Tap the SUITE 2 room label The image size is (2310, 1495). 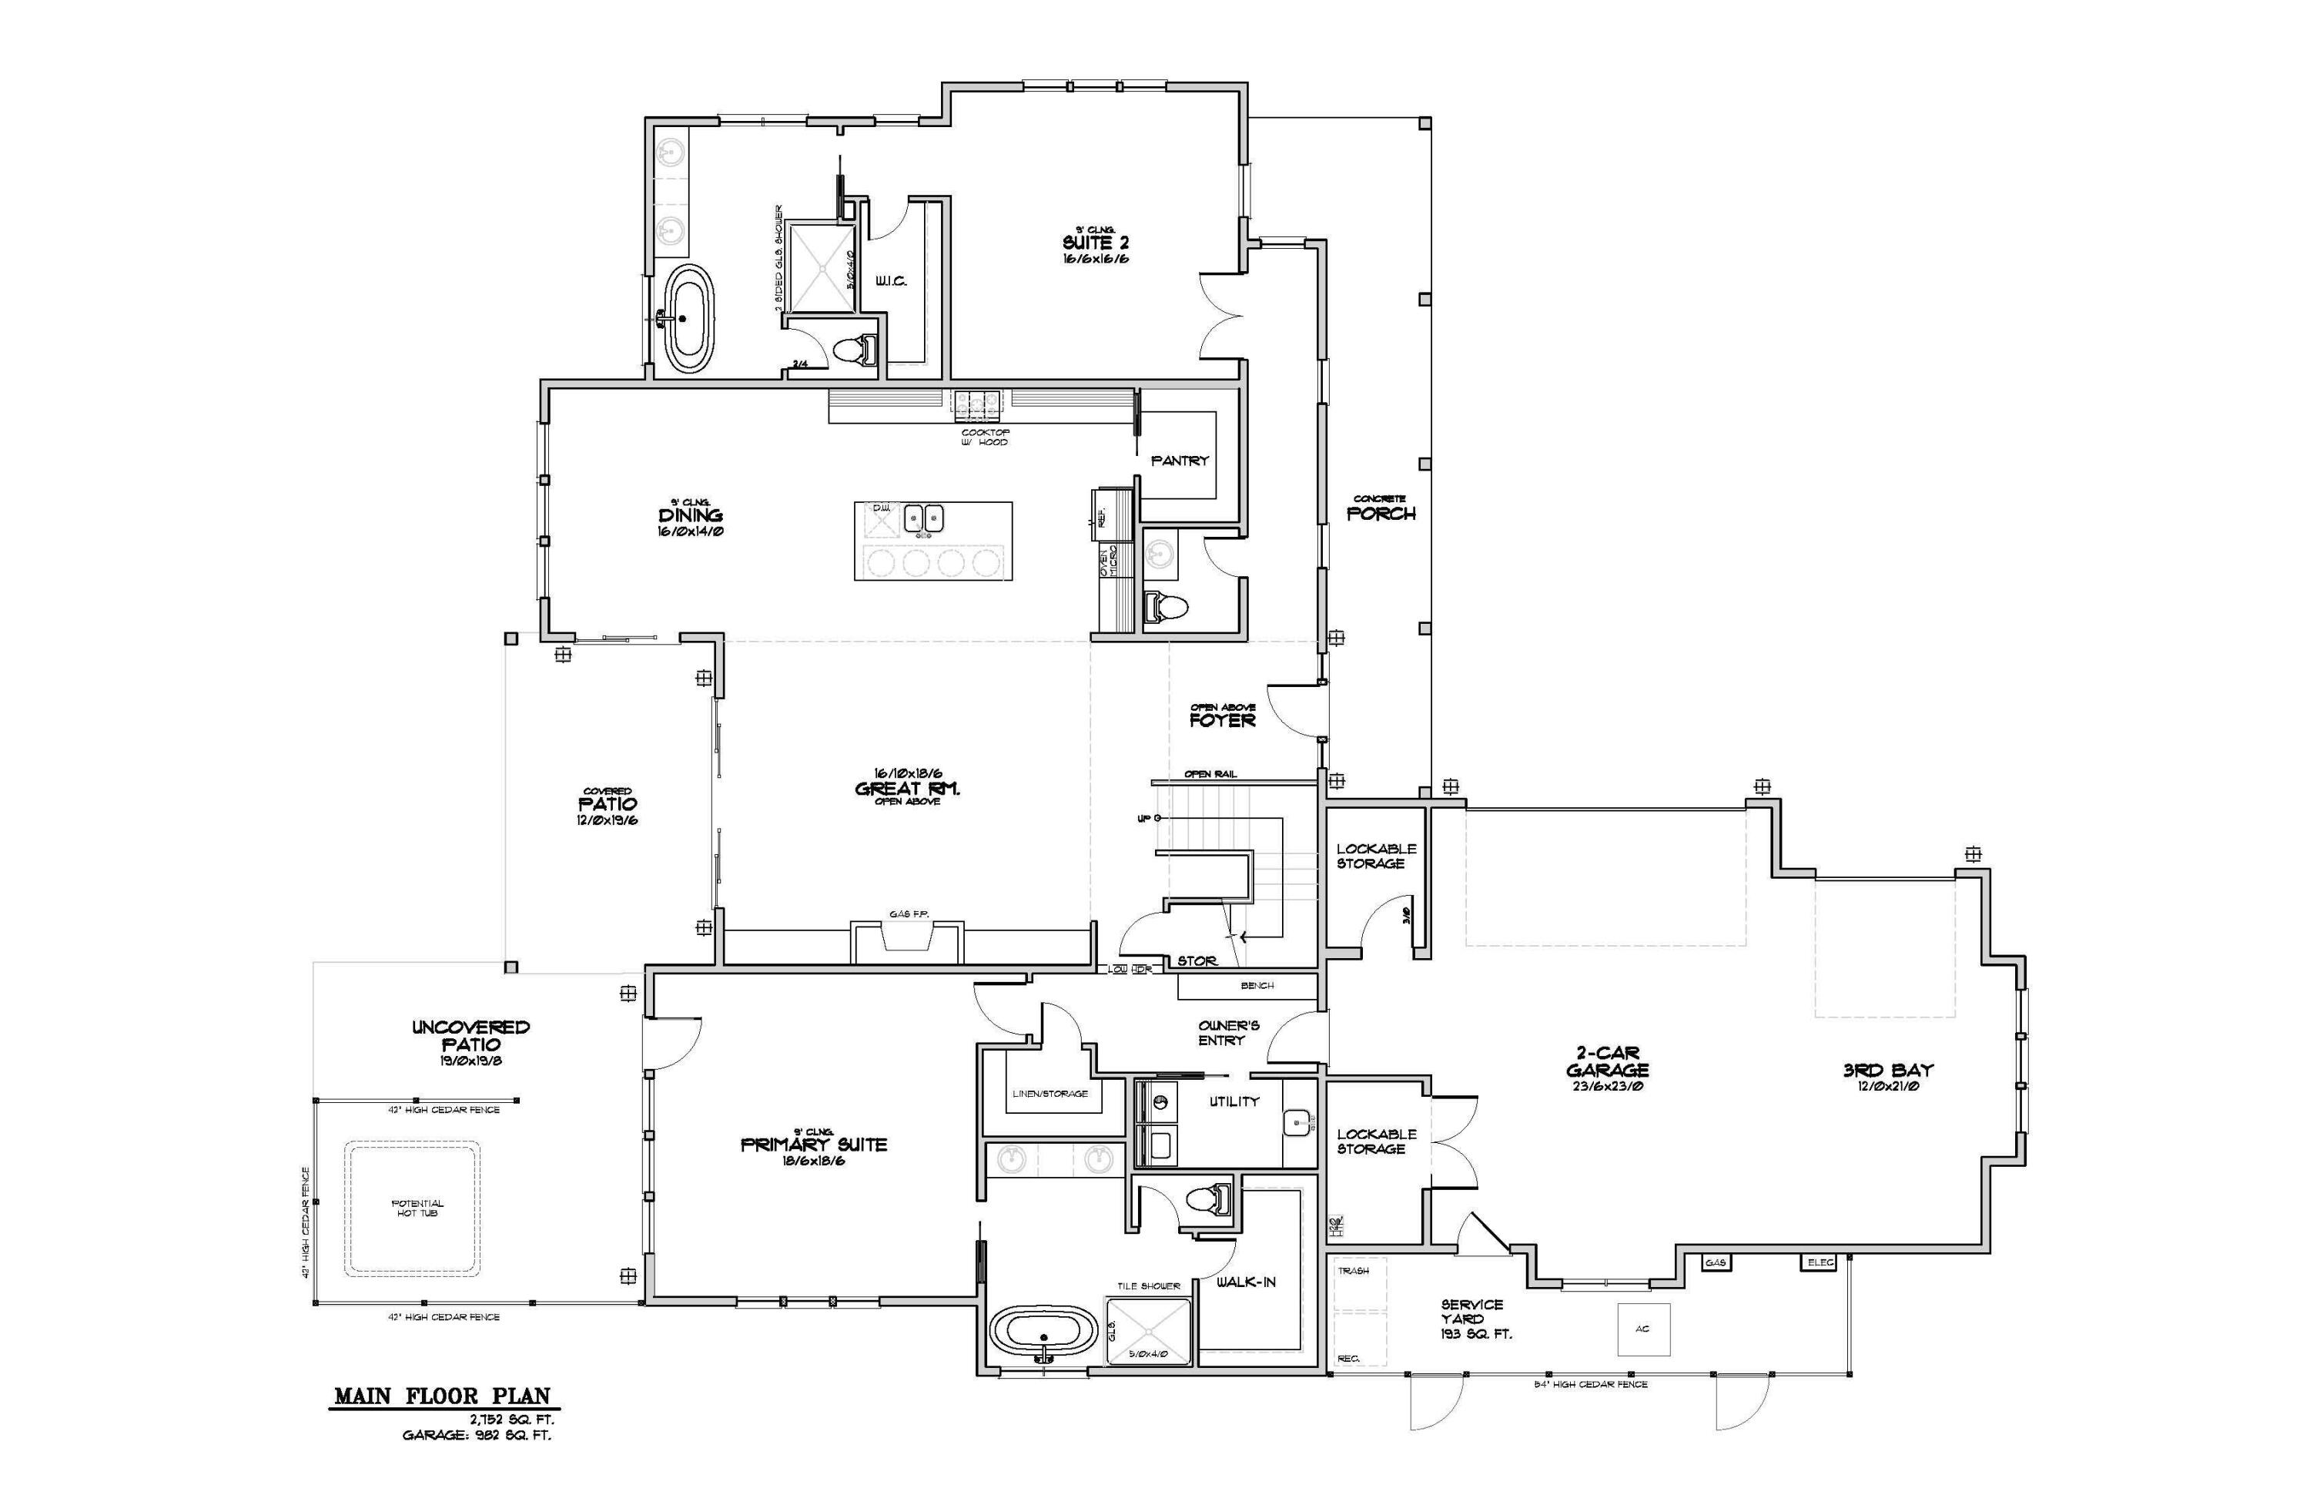pyautogui.click(x=1096, y=243)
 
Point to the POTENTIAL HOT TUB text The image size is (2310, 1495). pyautogui.click(x=417, y=1208)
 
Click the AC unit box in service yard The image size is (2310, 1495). pyautogui.click(x=1642, y=1329)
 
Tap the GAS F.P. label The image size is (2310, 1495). pyautogui.click(x=909, y=913)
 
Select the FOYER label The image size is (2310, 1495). pyautogui.click(x=1223, y=720)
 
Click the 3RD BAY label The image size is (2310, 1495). pyautogui.click(x=1888, y=1071)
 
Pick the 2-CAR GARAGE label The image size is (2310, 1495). pyautogui.click(x=1607, y=1063)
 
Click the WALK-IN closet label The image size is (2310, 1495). pyautogui.click(x=1246, y=1282)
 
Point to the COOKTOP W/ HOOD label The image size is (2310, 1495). pyautogui.click(x=985, y=437)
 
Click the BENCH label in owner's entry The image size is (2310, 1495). pyautogui.click(x=1257, y=985)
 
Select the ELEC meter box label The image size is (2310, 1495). pyautogui.click(x=1820, y=1263)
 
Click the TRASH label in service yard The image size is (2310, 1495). pyautogui.click(x=1353, y=1271)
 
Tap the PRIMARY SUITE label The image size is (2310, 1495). pyautogui.click(x=813, y=1145)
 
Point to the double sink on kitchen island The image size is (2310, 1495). pyautogui.click(x=924, y=519)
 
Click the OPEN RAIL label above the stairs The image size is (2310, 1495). pyautogui.click(x=1210, y=774)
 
